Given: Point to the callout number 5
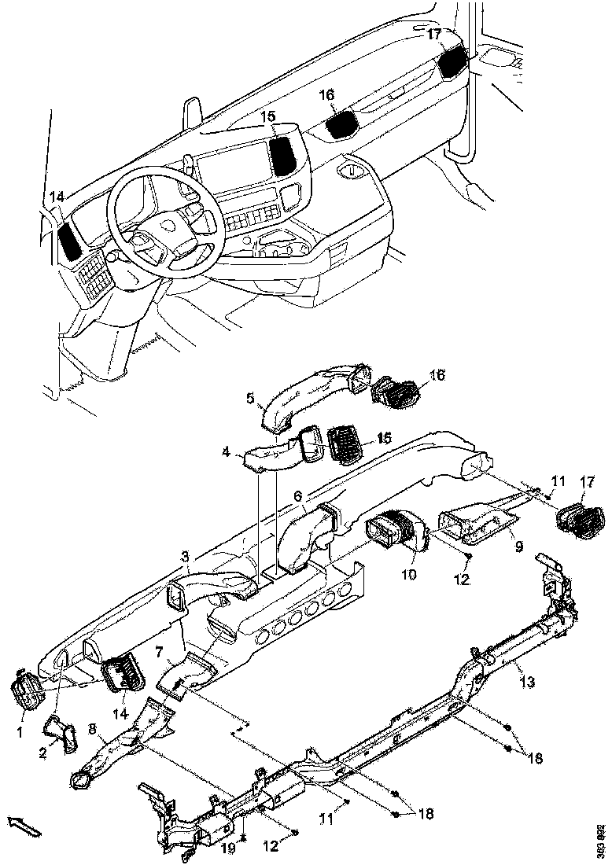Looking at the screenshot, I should [251, 399].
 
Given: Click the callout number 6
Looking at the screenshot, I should [297, 496].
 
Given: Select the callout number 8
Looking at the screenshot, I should [92, 730].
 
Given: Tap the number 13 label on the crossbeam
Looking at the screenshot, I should [526, 681].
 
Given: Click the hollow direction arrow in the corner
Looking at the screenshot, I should [23, 826].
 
